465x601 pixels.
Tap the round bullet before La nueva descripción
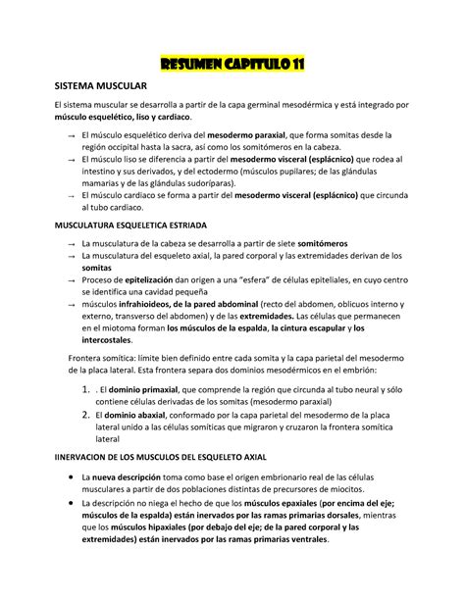pos(62,477)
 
